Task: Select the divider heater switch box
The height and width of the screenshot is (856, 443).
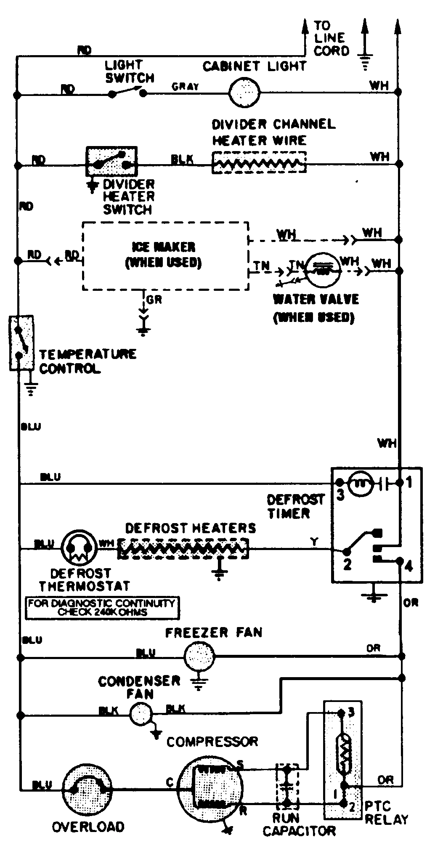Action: pyautogui.click(x=111, y=162)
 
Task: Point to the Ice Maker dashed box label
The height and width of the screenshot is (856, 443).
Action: pyautogui.click(x=164, y=255)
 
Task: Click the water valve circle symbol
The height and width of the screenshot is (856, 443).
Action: pyautogui.click(x=323, y=269)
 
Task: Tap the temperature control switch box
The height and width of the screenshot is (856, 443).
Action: pyautogui.click(x=21, y=343)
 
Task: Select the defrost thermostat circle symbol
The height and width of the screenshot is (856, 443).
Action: pyautogui.click(x=77, y=548)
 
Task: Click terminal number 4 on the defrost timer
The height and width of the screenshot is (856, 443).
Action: pyautogui.click(x=408, y=566)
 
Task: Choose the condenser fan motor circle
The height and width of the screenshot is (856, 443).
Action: pyautogui.click(x=141, y=714)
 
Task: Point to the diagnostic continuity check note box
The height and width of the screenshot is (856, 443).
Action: pyautogui.click(x=102, y=607)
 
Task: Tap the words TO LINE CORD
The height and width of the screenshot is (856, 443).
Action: pyautogui.click(x=331, y=38)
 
